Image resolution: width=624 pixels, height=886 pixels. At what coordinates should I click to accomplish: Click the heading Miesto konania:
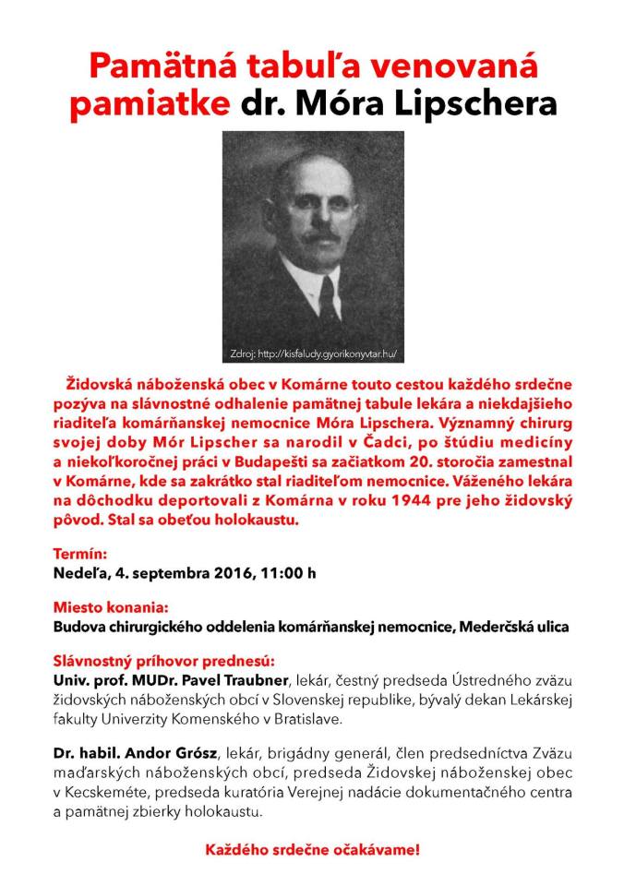point(111,608)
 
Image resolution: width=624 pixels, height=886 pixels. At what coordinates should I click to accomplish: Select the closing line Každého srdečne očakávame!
point(312,850)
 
